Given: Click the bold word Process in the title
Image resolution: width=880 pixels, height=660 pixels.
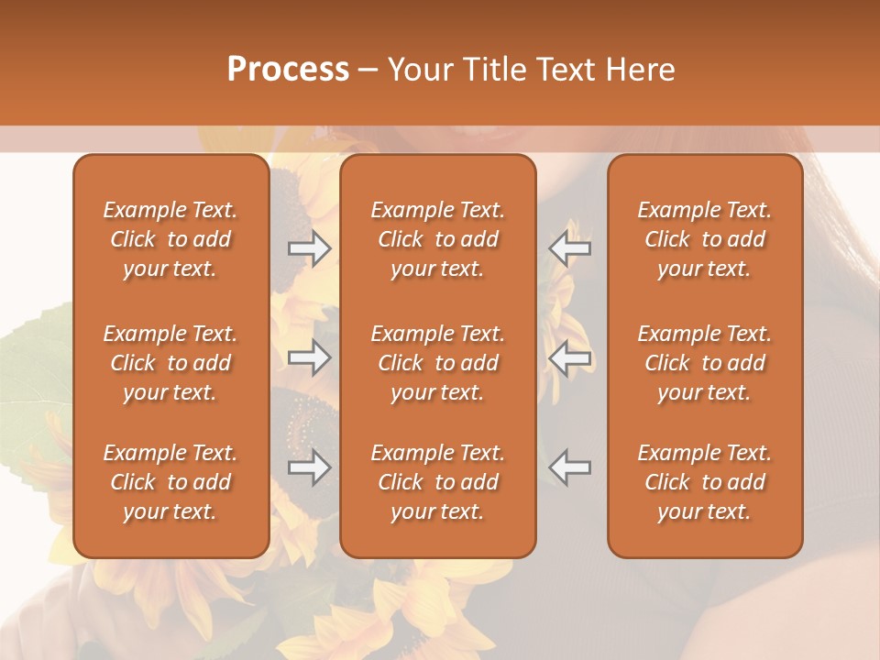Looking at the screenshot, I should pyautogui.click(x=288, y=70).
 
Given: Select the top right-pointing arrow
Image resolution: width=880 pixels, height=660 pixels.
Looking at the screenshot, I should pyautogui.click(x=310, y=248).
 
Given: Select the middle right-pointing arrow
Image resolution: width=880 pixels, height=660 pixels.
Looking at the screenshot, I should pyautogui.click(x=310, y=357).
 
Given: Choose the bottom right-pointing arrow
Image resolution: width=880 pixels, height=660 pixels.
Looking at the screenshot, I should pyautogui.click(x=310, y=467).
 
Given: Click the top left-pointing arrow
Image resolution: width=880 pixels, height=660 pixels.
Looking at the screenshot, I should pyautogui.click(x=569, y=248).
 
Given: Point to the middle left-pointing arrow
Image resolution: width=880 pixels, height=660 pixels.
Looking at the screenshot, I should pyautogui.click(x=569, y=357).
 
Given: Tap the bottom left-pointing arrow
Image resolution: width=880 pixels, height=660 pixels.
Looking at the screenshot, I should pyautogui.click(x=569, y=467).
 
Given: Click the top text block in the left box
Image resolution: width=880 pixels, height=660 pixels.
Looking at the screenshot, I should pyautogui.click(x=170, y=239).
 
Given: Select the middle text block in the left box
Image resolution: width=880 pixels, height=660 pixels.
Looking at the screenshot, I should pyautogui.click(x=170, y=363).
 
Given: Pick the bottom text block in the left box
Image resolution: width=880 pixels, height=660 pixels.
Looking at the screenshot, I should pyautogui.click(x=170, y=482).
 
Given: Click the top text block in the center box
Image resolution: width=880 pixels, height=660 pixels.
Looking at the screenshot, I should pyautogui.click(x=438, y=239).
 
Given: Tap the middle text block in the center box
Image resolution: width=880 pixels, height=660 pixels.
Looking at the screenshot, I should pyautogui.click(x=438, y=363).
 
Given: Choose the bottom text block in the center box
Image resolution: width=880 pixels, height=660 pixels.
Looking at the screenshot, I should pyautogui.click(x=438, y=482).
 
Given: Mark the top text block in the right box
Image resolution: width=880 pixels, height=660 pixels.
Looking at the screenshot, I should pyautogui.click(x=705, y=239).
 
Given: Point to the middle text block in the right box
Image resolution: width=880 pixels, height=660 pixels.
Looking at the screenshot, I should pyautogui.click(x=705, y=363).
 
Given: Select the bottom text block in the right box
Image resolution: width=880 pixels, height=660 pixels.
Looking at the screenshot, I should pyautogui.click(x=705, y=482).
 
